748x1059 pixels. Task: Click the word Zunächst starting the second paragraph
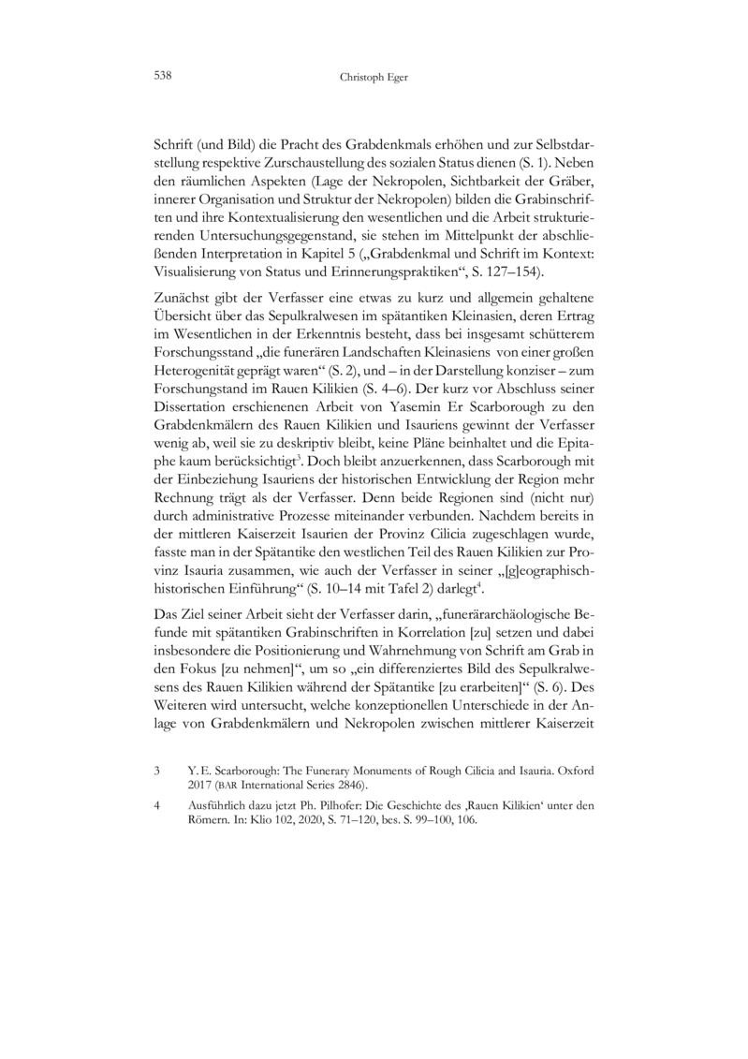click(x=182, y=297)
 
